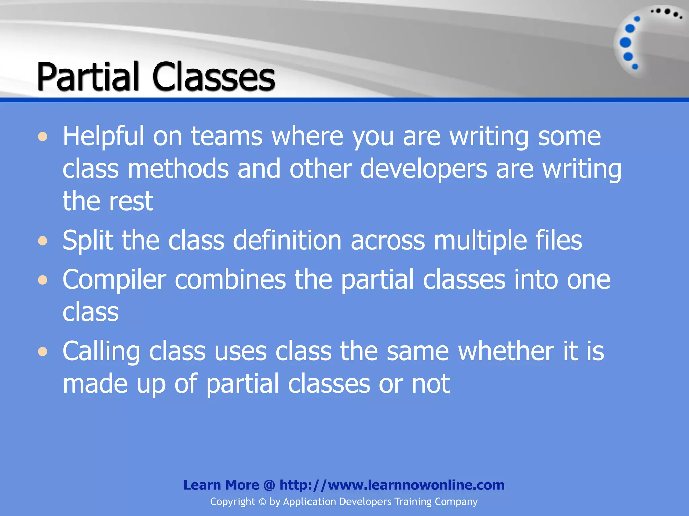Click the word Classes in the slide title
[214, 77]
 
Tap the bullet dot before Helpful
[43, 137]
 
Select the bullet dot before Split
[43, 241]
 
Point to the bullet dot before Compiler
[43, 280]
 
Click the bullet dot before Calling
[43, 352]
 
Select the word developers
[423, 169]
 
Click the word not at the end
[431, 384]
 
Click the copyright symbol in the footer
[262, 502]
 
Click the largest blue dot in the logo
[625, 43]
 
